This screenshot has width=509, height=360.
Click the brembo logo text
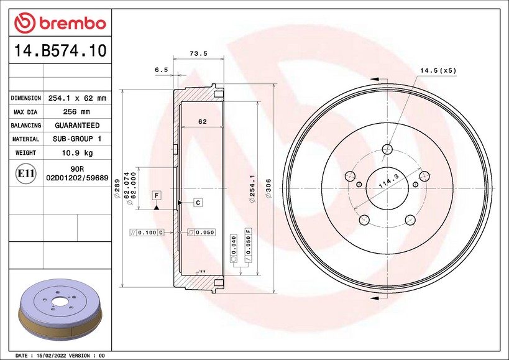click(73, 23)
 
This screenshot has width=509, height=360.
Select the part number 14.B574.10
click(60, 50)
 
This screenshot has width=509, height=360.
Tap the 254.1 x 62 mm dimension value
click(77, 98)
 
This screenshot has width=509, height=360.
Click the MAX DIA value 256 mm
click(76, 112)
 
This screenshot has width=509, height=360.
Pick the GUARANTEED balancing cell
click(77, 126)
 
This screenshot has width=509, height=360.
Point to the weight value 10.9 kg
click(77, 152)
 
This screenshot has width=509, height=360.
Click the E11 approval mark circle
click(25, 173)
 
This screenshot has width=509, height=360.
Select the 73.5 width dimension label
click(198, 53)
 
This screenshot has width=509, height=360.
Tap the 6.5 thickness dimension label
click(162, 70)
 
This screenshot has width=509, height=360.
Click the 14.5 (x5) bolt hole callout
click(438, 70)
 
